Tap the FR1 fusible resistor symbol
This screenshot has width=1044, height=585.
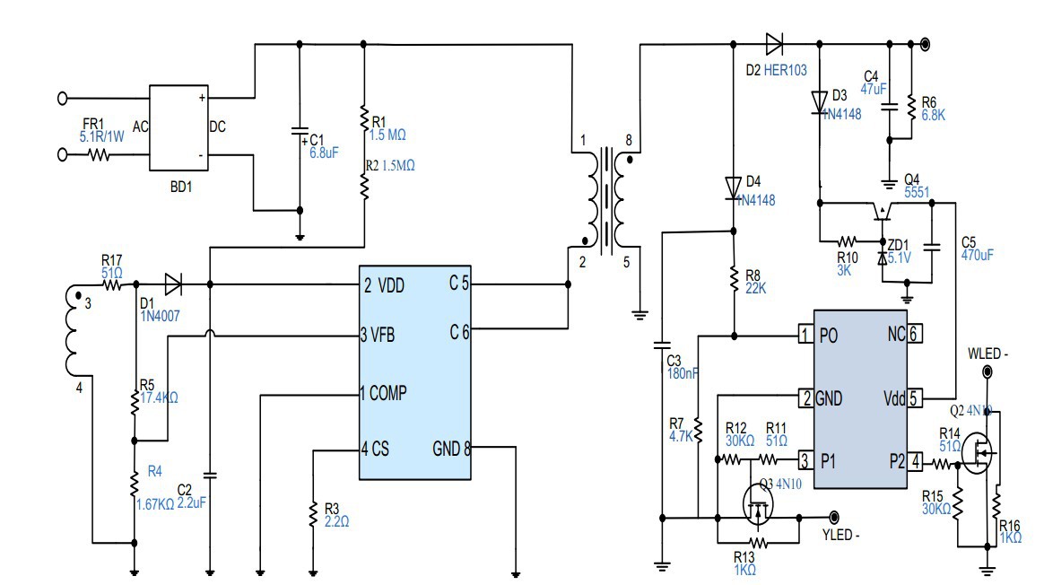[x=98, y=155]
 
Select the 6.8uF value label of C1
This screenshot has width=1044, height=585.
[x=323, y=153]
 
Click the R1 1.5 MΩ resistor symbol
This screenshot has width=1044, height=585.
[x=364, y=119]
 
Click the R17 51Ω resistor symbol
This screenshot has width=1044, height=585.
[x=113, y=285]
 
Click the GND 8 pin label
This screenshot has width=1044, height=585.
[x=451, y=448]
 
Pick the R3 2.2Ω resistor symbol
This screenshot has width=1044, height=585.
[x=313, y=513]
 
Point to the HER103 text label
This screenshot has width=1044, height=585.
[x=787, y=69]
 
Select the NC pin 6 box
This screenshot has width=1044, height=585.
[x=914, y=335]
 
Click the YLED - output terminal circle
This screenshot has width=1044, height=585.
[x=834, y=517]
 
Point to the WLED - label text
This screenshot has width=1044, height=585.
[x=988, y=354]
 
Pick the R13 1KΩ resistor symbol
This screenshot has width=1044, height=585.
[x=759, y=543]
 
